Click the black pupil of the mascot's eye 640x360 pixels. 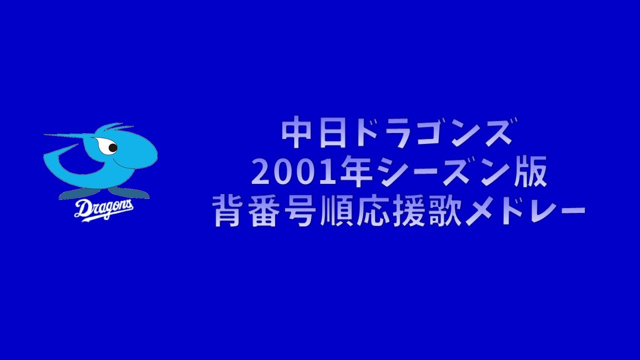(x=113, y=148)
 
